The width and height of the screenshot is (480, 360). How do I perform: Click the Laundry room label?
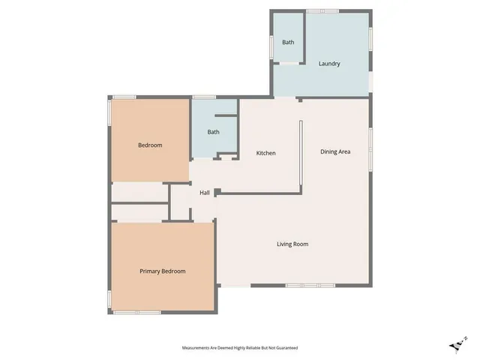click(329, 64)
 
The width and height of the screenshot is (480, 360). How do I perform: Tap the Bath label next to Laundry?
click(288, 42)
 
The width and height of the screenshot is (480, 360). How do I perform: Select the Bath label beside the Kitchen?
click(214, 132)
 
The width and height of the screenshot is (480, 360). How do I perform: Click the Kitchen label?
click(266, 153)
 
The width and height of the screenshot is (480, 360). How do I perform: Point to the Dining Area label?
click(336, 151)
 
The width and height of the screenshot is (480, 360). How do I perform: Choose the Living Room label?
click(292, 244)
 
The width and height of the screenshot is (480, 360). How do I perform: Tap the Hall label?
click(205, 193)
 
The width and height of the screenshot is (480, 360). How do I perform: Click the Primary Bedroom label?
click(163, 271)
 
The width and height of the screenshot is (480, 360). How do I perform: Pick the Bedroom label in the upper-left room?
click(150, 145)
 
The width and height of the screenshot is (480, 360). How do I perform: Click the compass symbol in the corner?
click(454, 344)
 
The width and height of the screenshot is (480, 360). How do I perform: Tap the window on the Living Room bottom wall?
click(309, 286)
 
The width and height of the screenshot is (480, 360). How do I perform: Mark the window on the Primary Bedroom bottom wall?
click(136, 311)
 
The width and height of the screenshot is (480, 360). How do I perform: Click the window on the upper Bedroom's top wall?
click(124, 97)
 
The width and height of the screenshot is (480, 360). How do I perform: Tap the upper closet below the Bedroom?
click(139, 192)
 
